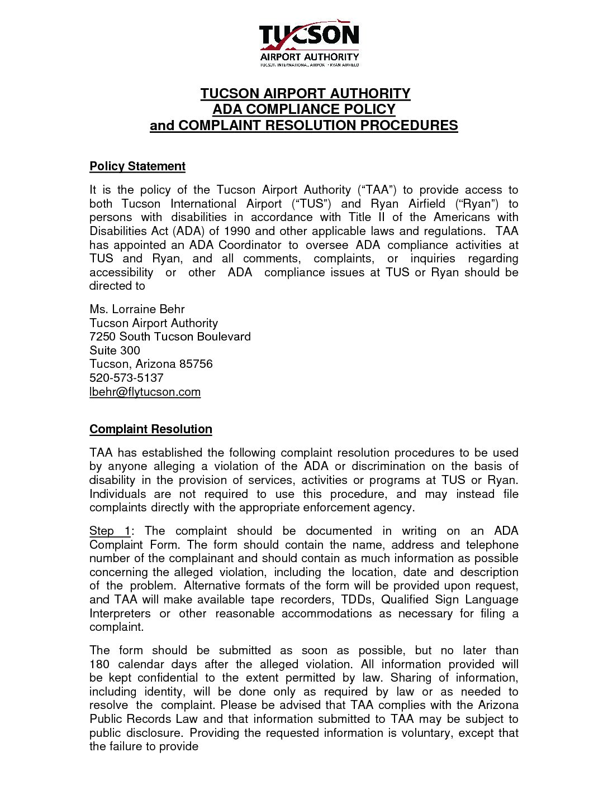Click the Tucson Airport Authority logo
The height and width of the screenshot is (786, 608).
[x=309, y=45]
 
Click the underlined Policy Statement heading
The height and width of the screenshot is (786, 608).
[x=137, y=166]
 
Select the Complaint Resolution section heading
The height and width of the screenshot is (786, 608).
[x=151, y=429]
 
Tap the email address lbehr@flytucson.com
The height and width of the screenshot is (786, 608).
[x=145, y=392]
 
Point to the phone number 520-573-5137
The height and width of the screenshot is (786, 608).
[x=126, y=378]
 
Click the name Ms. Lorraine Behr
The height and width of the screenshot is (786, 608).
[x=137, y=309]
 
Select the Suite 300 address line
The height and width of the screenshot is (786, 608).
[x=115, y=351]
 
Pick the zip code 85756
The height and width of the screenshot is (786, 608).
[x=196, y=364]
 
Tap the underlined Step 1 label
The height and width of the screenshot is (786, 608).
[x=110, y=531]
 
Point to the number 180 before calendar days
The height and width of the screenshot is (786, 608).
[x=100, y=664]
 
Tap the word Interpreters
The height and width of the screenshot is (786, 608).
[x=120, y=614]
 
